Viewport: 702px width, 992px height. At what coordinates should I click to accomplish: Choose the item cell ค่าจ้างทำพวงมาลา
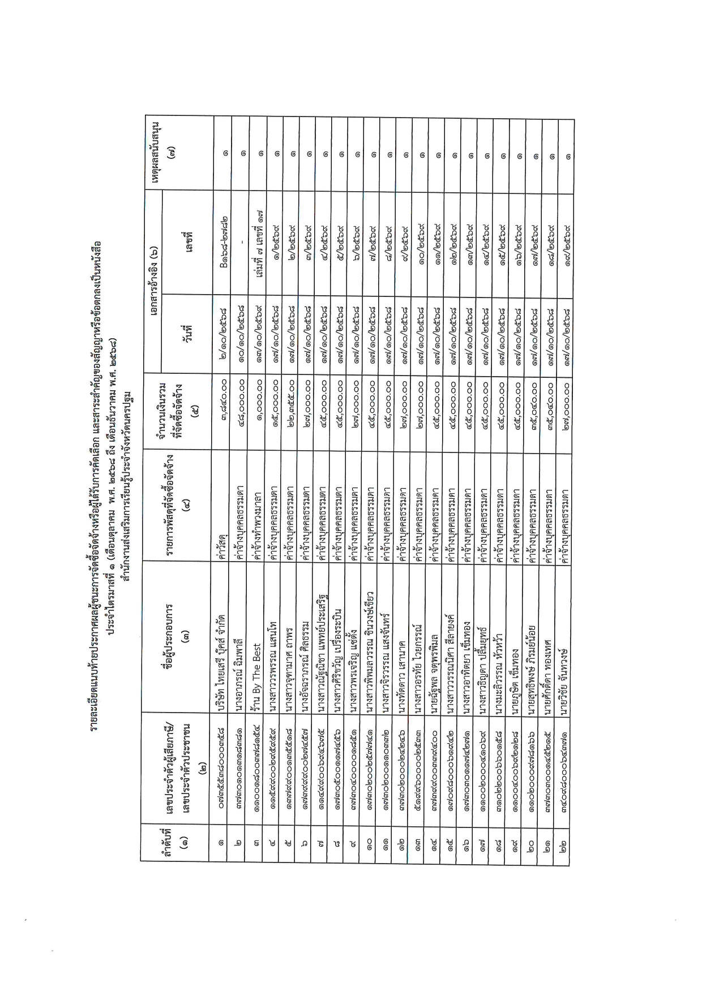coord(258,520)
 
